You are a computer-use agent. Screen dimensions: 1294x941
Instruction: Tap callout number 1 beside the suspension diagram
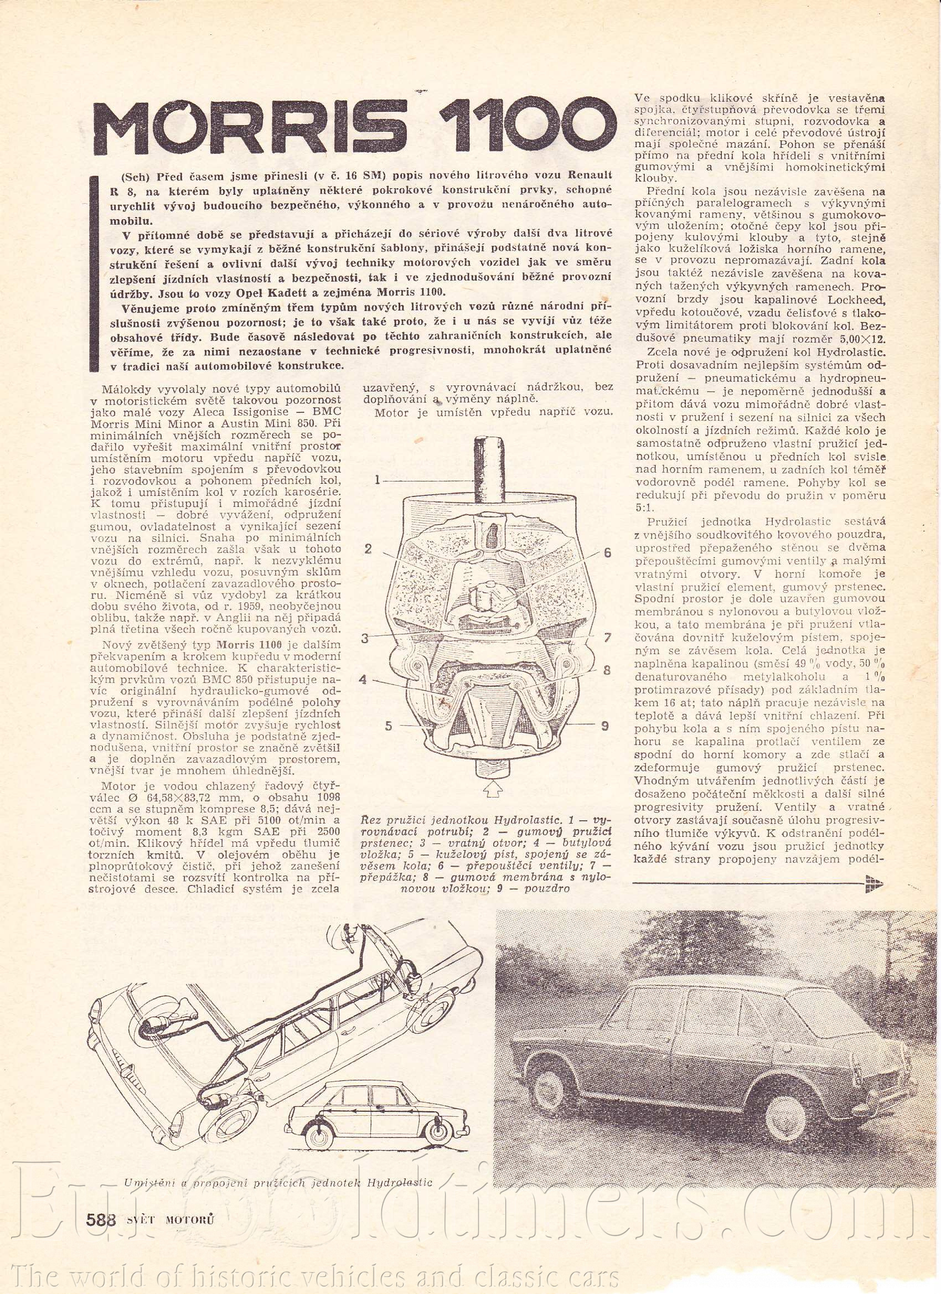click(377, 481)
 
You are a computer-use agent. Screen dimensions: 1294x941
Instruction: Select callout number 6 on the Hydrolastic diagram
click(607, 552)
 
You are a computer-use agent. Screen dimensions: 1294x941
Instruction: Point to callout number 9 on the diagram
click(604, 726)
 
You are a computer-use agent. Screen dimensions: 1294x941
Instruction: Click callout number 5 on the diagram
click(388, 726)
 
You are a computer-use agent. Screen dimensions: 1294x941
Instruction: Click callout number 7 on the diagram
click(607, 635)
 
